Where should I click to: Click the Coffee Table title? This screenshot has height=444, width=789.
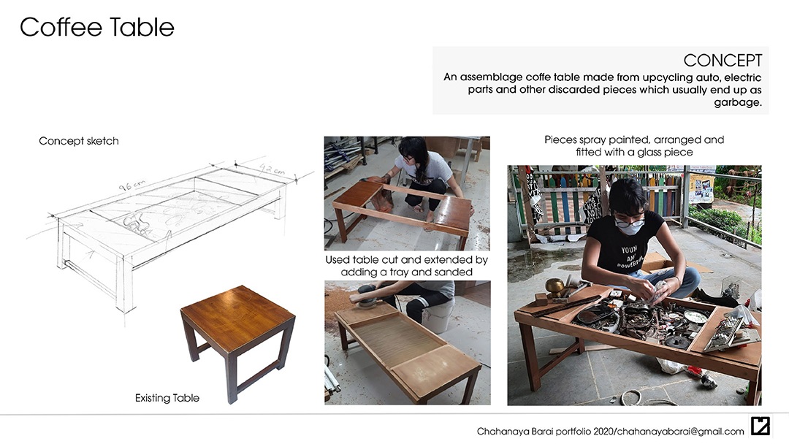point(96,26)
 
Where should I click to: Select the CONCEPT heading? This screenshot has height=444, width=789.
point(723,61)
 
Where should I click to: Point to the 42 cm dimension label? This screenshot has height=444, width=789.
point(272,169)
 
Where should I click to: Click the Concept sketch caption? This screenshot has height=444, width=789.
point(79,141)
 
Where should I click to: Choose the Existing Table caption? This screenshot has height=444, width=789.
point(167,398)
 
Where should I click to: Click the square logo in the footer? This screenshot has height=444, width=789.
point(761,426)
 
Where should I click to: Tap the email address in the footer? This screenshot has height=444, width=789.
point(681,432)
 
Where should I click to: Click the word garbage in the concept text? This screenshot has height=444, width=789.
point(738,102)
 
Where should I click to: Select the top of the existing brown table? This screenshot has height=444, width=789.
point(237,318)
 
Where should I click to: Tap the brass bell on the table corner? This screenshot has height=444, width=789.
point(555,287)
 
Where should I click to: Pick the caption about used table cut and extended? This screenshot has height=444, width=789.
point(407,266)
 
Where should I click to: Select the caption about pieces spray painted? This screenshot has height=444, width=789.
point(634,146)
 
